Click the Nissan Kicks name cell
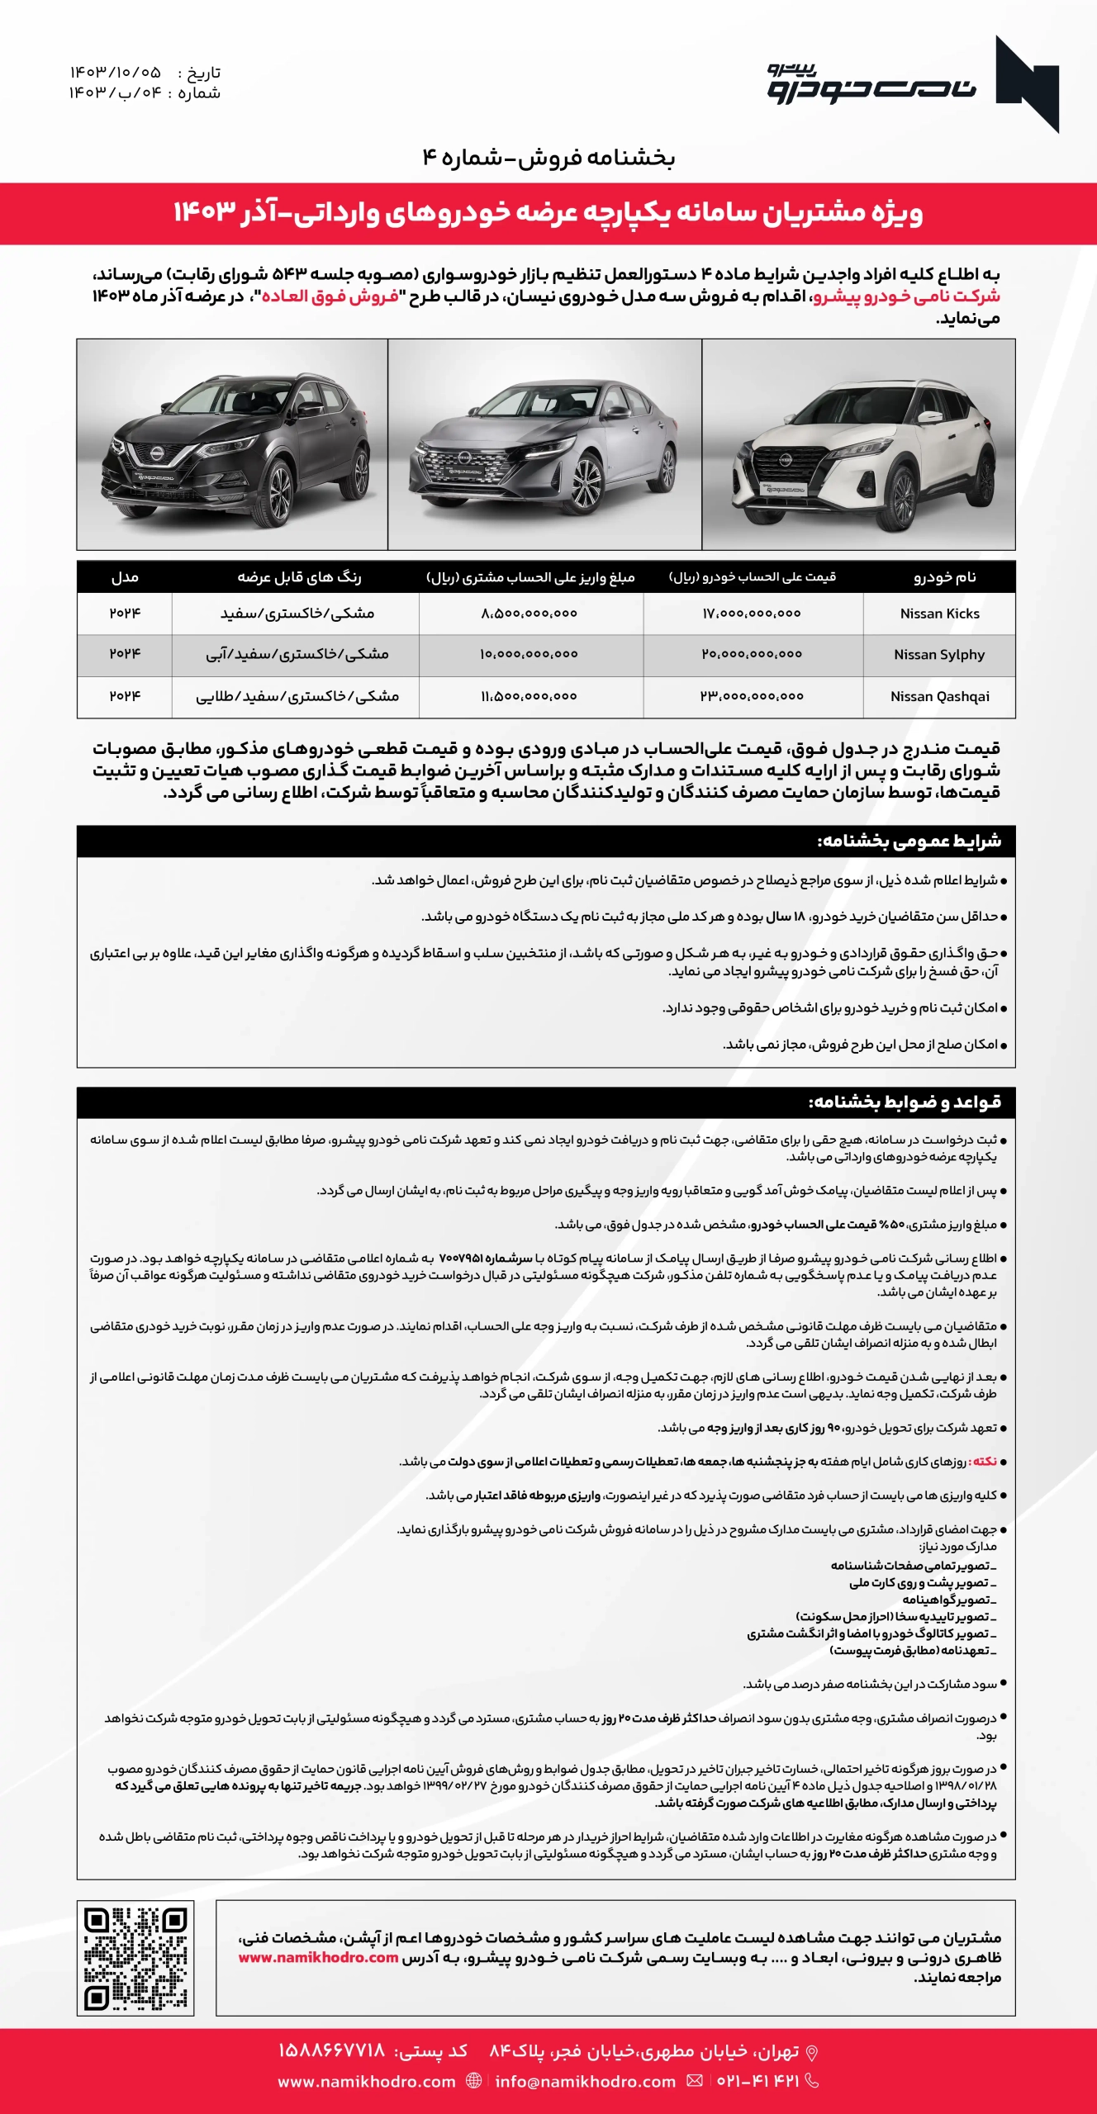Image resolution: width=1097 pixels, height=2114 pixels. (939, 614)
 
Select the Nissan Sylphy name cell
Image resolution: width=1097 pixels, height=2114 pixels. (939, 655)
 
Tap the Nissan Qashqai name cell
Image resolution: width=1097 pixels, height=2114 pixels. (939, 696)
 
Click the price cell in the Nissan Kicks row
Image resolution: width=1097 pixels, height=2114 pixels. (752, 614)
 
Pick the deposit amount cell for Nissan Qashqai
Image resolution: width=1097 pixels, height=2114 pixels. (529, 696)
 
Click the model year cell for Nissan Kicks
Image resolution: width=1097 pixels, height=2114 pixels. (125, 614)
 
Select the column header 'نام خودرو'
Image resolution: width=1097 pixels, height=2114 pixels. (944, 577)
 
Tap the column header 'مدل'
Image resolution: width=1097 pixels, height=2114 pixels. (125, 577)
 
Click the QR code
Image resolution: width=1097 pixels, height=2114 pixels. (135, 1958)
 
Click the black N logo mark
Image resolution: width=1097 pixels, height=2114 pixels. (1027, 83)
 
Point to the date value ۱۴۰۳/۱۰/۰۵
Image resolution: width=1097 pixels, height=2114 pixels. (115, 73)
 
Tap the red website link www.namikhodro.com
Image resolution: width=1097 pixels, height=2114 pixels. (318, 1957)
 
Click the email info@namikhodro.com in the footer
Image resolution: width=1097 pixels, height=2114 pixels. (586, 2081)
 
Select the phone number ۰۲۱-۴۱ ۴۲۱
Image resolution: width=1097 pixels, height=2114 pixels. (757, 2081)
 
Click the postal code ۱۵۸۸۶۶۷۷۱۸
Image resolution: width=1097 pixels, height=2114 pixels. (331, 2051)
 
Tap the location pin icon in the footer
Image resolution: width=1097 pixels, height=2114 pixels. (812, 2052)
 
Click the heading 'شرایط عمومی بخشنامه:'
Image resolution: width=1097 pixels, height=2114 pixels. (909, 841)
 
